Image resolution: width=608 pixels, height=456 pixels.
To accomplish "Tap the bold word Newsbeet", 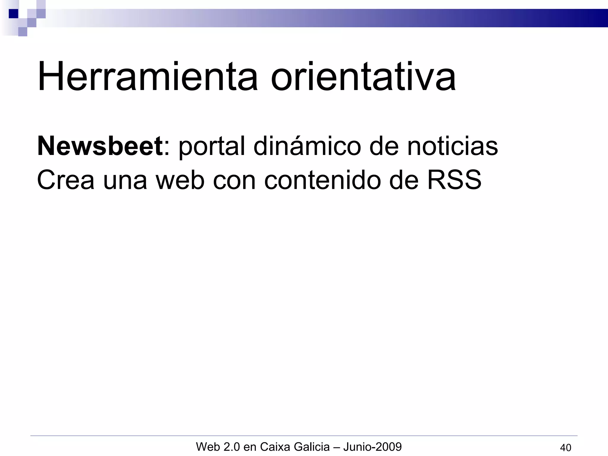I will click(x=100, y=146).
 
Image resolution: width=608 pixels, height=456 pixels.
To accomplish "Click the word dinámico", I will click(x=307, y=146).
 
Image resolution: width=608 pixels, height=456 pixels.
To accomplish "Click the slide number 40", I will click(x=565, y=447).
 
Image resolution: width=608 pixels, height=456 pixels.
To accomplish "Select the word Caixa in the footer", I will click(x=275, y=446).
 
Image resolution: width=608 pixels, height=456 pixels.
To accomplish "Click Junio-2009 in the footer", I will click(x=373, y=446).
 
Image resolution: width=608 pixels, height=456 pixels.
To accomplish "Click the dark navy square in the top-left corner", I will click(x=13, y=14).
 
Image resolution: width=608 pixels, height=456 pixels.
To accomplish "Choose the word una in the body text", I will click(x=125, y=180).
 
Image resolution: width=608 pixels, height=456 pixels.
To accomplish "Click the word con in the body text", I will click(x=234, y=180).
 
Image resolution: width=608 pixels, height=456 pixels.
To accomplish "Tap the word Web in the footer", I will click(x=207, y=446).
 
